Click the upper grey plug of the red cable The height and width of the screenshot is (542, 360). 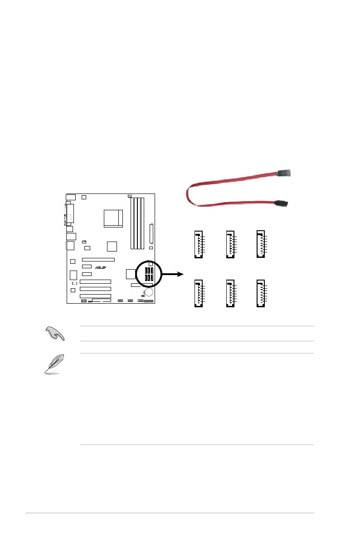point(286,173)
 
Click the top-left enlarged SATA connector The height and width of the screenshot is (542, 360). point(198,245)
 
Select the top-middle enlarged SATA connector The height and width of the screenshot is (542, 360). point(229,245)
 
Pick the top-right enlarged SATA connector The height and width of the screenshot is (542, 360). point(261,245)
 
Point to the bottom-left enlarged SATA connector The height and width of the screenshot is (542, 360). point(198,295)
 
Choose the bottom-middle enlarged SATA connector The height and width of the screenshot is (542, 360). point(229,295)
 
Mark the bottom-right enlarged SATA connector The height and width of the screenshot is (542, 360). point(261,295)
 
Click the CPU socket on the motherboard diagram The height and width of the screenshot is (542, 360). point(113,218)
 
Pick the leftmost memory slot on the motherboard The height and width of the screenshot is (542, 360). point(132,223)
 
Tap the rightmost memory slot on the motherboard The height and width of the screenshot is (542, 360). point(143,223)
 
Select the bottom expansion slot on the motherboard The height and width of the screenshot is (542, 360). point(95,295)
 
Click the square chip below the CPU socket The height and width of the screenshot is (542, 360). point(112,247)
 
